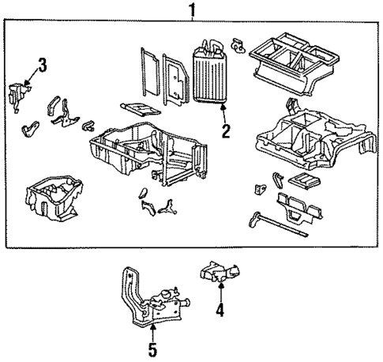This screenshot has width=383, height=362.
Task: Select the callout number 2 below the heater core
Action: (226, 131)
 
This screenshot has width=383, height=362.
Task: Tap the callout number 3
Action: (42, 65)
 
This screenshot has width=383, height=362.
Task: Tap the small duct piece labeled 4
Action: (216, 276)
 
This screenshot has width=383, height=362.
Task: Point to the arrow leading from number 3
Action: (29, 77)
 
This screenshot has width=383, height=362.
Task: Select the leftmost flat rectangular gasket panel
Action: (148, 72)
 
